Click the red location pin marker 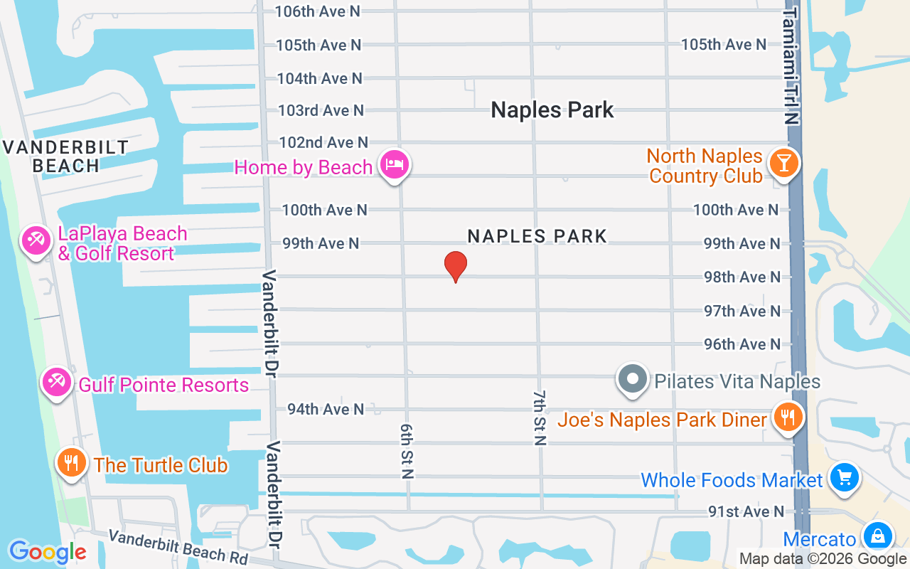(x=456, y=267)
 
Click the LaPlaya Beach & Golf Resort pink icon (x=35, y=240)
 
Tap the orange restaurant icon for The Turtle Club (x=71, y=463)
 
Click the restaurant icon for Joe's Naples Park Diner (x=787, y=418)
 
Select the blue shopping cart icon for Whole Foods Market (x=844, y=478)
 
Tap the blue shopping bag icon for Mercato (x=878, y=536)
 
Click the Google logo (x=48, y=551)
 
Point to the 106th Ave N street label (x=317, y=11)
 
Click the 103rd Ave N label (x=321, y=110)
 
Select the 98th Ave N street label (x=742, y=277)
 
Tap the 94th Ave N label (x=326, y=409)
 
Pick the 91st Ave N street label (x=746, y=511)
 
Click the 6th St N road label (x=407, y=451)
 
